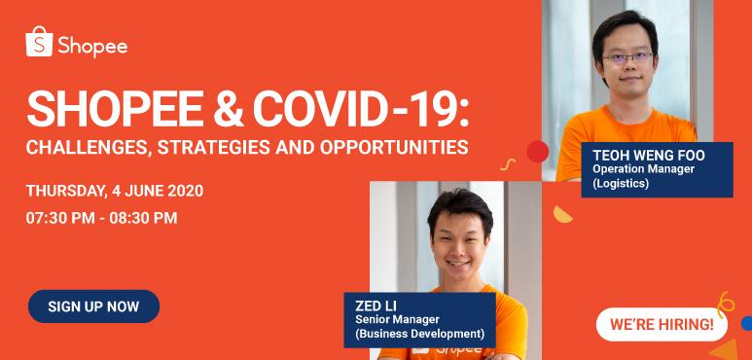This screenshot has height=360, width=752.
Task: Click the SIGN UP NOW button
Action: (x=93, y=306)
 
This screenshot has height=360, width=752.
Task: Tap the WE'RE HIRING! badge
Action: (x=661, y=323)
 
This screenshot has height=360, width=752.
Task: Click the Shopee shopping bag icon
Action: (x=39, y=43)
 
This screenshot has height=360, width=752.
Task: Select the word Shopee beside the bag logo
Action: (x=91, y=46)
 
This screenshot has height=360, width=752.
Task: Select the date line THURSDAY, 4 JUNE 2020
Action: (x=115, y=190)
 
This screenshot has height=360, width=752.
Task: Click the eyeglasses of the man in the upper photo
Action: (x=627, y=57)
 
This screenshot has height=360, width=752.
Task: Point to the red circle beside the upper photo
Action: (x=537, y=151)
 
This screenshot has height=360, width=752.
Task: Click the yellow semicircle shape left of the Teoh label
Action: (x=561, y=213)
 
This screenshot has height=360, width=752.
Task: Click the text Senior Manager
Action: (x=398, y=319)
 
